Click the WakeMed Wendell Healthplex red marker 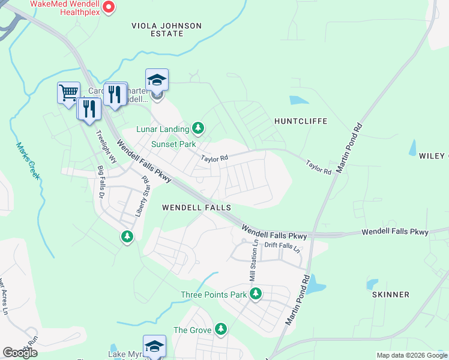tap(109, 7)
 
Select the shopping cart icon tap(68, 92)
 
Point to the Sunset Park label tap(173, 145)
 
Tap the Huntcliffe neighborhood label tap(300, 121)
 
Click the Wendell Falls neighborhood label tap(197, 208)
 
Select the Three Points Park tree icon tap(256, 294)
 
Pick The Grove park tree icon tap(221, 329)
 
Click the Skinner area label tap(390, 295)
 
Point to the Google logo tap(20, 353)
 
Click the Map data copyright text tap(412, 355)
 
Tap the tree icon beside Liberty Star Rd tap(127, 236)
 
